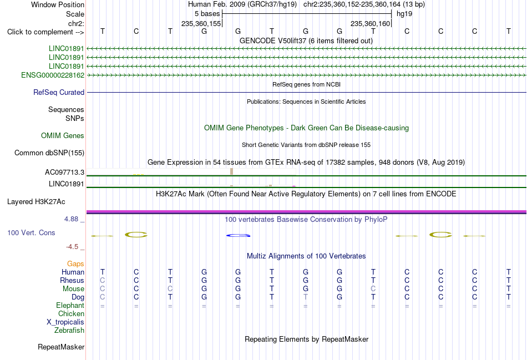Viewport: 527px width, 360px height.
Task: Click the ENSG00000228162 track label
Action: tap(53, 75)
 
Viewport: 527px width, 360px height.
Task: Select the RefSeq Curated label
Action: tap(59, 93)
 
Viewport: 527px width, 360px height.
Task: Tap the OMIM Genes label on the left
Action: tap(63, 135)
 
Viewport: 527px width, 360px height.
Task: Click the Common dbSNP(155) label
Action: tap(49, 153)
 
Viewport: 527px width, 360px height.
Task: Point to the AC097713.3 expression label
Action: tap(64, 173)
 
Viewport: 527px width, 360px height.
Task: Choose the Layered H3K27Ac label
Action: tap(36, 202)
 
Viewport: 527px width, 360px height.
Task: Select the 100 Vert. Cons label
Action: tap(31, 232)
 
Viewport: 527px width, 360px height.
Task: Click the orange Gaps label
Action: tap(75, 264)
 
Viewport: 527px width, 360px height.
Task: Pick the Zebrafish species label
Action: tap(69, 331)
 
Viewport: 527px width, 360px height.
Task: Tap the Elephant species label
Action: tap(70, 306)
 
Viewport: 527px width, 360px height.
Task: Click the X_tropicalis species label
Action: tap(65, 322)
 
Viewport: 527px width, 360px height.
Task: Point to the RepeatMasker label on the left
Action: tap(61, 347)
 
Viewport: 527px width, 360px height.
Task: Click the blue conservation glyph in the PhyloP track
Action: tap(239, 235)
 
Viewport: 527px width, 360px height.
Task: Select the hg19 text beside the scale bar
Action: tap(404, 14)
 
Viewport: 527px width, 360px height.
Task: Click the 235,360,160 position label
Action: tap(370, 23)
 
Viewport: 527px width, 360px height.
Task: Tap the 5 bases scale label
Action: tap(207, 14)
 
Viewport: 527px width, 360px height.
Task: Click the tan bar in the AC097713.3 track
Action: tap(231, 171)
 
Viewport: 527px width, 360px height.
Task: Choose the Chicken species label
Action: tap(71, 313)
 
